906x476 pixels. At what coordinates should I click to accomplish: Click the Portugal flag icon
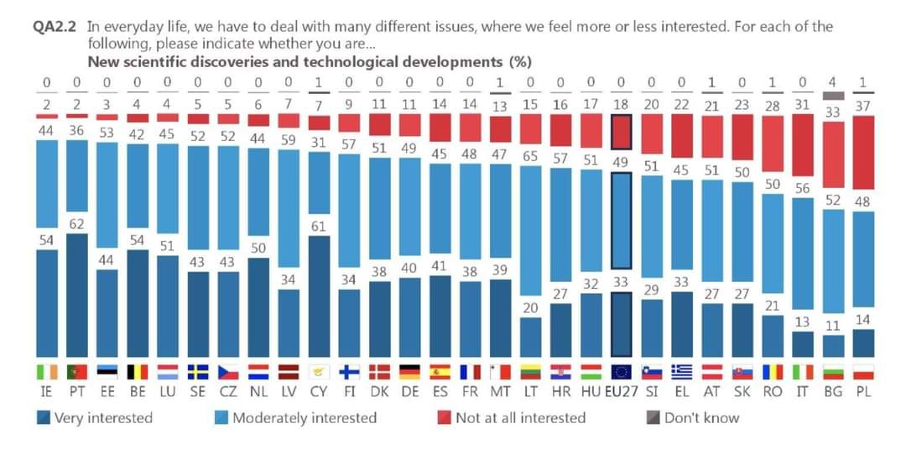(x=77, y=371)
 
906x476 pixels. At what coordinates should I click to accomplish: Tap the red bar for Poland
(x=862, y=152)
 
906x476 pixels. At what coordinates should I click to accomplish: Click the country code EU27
(x=621, y=392)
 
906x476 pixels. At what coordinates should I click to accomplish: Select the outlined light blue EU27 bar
(x=621, y=219)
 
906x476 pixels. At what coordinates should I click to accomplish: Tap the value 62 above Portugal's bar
(x=77, y=224)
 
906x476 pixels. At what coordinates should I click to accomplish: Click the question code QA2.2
(x=55, y=26)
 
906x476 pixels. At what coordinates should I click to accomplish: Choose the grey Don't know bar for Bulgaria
(x=832, y=95)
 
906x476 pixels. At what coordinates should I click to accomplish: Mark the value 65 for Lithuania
(x=530, y=156)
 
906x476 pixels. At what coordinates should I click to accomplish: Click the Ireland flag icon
(x=47, y=371)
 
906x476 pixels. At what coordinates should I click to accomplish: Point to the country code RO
(x=772, y=392)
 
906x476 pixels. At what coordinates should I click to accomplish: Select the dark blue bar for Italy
(x=802, y=344)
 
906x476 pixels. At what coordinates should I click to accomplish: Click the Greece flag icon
(x=681, y=371)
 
